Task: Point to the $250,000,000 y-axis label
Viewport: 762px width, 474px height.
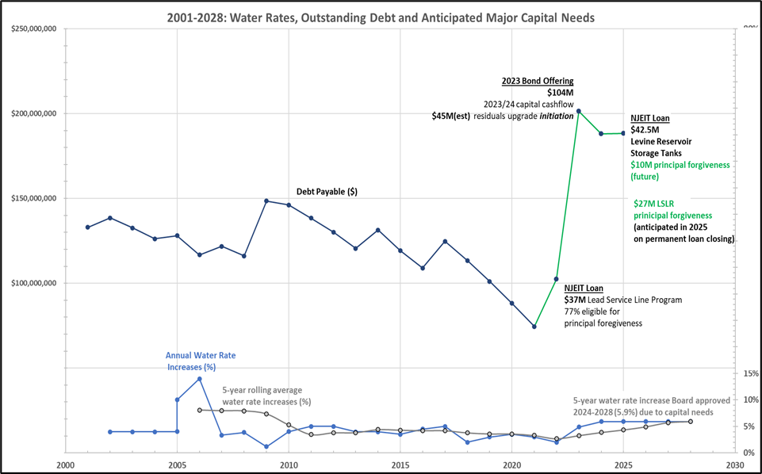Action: (x=34, y=29)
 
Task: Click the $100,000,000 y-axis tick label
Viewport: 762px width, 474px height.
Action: (x=34, y=283)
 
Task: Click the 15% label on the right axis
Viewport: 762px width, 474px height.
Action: (x=749, y=373)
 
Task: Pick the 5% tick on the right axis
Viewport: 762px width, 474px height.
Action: (x=750, y=426)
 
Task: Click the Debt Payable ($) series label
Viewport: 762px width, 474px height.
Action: (x=327, y=192)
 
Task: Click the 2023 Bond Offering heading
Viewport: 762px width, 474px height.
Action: (x=537, y=81)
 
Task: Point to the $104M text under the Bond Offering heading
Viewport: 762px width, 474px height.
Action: (x=560, y=93)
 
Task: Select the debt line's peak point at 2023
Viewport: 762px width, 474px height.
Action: (x=579, y=111)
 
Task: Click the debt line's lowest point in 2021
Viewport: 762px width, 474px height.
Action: (x=534, y=327)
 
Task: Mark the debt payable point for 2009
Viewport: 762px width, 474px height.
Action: (x=266, y=201)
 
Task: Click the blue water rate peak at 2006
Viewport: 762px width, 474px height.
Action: (x=200, y=379)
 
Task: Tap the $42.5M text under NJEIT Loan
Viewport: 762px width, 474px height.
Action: (x=644, y=130)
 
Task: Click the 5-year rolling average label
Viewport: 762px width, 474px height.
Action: (x=266, y=396)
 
